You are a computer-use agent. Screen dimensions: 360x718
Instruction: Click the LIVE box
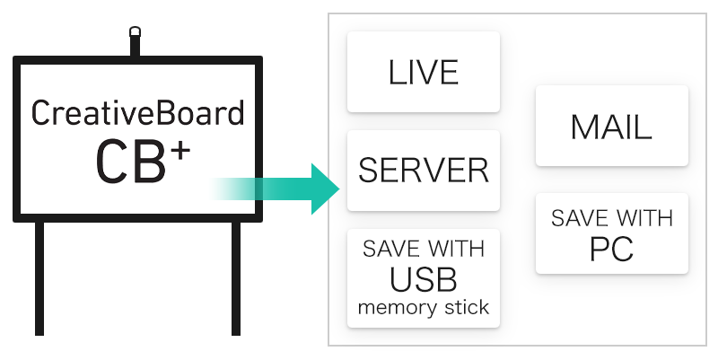pos(423,72)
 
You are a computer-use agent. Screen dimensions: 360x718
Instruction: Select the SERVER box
pos(423,171)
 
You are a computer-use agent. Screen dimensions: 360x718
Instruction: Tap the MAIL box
pos(611,127)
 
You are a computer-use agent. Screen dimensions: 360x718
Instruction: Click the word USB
pos(423,280)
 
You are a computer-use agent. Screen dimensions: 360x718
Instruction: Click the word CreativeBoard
pos(137,114)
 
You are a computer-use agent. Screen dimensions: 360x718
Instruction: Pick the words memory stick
pos(423,308)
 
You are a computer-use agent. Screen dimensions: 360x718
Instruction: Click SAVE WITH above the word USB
pos(423,249)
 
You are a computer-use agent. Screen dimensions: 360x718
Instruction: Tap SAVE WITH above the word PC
pos(611,218)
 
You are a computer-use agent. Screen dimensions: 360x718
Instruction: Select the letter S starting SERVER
pos(367,171)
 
